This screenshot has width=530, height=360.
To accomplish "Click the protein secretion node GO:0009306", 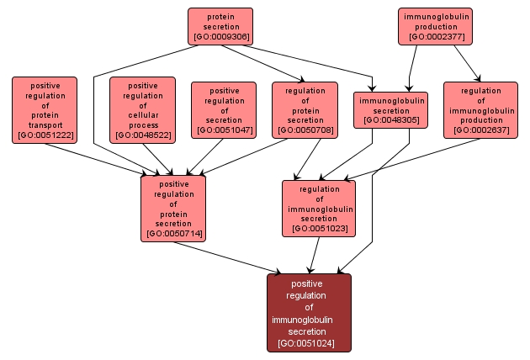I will coord(220,26).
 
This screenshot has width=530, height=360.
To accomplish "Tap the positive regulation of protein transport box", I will coord(45,110).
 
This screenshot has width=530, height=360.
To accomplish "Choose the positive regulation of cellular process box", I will coord(143,109).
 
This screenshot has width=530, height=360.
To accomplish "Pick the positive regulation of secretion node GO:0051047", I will coord(224,110).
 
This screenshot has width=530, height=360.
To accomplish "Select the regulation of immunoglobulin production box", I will coord(480,110).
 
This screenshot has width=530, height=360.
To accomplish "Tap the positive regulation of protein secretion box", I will coord(174,208).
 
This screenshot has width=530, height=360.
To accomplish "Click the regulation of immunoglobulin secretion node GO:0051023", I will coord(319,208).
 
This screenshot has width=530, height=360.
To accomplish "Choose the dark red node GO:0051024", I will coord(309,312).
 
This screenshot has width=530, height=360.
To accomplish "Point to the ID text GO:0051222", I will coord(45,135).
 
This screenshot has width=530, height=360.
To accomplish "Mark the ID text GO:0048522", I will coord(143,135).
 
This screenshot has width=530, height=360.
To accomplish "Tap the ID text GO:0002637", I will coord(480,130).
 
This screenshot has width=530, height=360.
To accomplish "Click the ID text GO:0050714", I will coord(174,233).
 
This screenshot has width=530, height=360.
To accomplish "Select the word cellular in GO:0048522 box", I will coord(143,114).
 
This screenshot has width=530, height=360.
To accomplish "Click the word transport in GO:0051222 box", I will coord(45,125).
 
